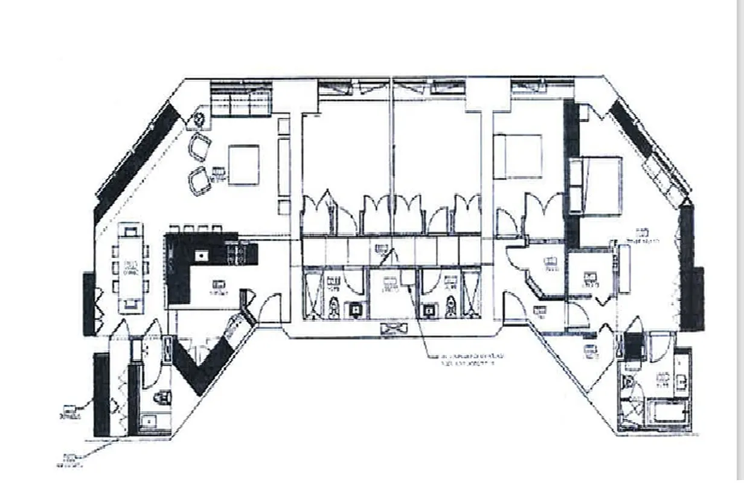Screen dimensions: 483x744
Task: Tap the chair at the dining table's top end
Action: point(130,229)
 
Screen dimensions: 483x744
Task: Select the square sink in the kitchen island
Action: point(199,255)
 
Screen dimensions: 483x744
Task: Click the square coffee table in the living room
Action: point(243,165)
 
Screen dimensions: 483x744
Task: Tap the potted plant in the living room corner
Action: point(200,120)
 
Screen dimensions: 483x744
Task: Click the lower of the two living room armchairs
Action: point(200,181)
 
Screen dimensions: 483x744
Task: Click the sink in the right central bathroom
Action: point(429,310)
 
